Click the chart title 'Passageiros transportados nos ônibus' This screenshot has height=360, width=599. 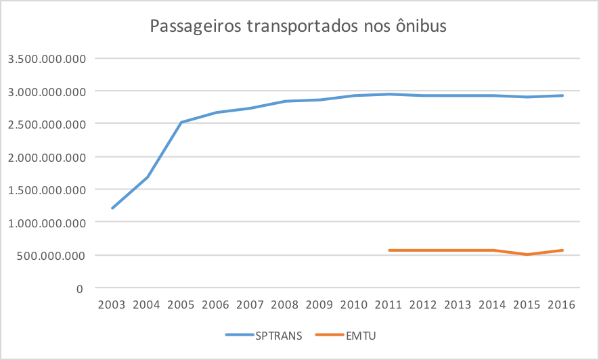(x=298, y=27)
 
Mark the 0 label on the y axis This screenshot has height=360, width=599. (x=80, y=288)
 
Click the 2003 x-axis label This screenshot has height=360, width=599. (x=112, y=305)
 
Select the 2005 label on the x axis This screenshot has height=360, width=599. (x=181, y=305)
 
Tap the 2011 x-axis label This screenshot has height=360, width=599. (x=389, y=305)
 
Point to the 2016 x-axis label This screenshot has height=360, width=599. (x=562, y=305)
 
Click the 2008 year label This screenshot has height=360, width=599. (x=284, y=305)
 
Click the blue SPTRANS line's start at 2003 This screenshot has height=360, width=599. (x=112, y=208)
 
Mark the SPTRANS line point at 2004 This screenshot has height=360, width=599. (x=147, y=177)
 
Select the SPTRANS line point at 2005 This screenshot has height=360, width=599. (x=181, y=122)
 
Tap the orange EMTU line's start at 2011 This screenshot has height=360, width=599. (x=389, y=250)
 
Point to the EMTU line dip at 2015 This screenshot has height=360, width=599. (x=527, y=254)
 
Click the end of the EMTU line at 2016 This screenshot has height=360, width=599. (x=562, y=250)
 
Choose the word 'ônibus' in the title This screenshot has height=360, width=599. (x=420, y=27)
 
